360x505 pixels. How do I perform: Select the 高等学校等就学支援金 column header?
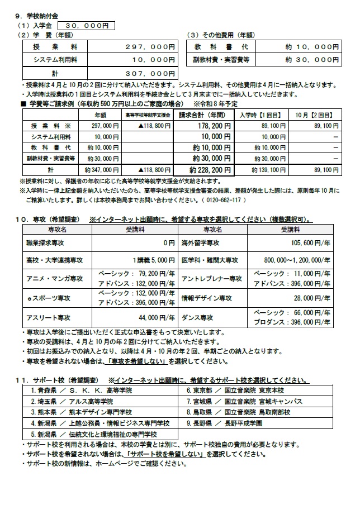pyautogui.click(x=147, y=115)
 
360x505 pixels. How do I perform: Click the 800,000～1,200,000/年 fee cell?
pyautogui.click(x=305, y=261)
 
